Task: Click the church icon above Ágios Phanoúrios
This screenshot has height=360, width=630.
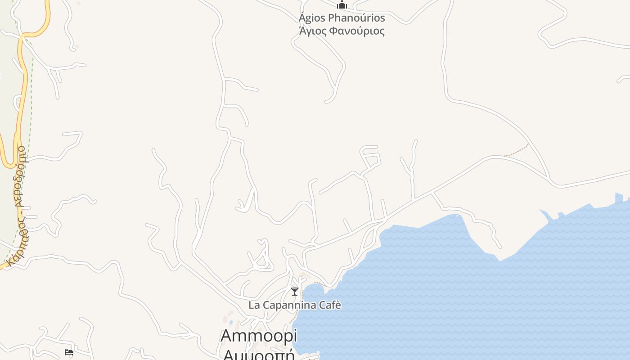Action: point(342,5)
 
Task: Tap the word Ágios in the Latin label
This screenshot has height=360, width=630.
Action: point(311,18)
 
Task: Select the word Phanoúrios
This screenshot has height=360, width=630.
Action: point(356,18)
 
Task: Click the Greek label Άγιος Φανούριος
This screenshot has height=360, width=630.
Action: point(342,31)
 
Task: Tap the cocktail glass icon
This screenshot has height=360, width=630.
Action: point(295,292)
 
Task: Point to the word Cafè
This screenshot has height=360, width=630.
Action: point(330,305)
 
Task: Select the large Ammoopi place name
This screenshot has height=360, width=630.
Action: point(259,336)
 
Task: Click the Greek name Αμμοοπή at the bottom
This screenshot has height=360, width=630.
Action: point(259,354)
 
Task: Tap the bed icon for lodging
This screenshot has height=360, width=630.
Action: point(69,352)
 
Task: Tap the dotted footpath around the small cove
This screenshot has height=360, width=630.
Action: point(317,283)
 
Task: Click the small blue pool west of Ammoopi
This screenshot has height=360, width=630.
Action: point(231,322)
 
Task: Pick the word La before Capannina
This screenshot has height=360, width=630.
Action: point(254,305)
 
